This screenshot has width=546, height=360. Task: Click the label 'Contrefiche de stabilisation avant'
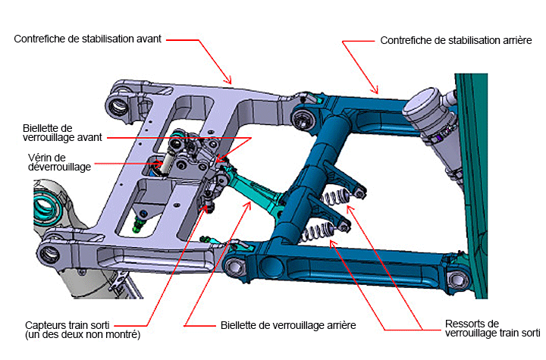(88, 38)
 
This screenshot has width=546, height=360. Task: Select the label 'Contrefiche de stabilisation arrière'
(455, 39)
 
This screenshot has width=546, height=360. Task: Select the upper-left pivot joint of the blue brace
(303, 117)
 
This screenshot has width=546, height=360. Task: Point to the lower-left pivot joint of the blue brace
(236, 265)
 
